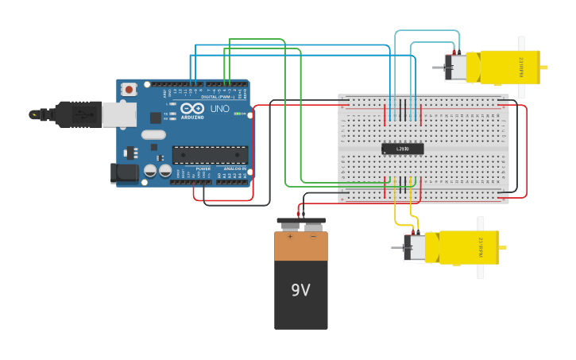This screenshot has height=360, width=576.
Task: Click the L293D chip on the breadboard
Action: pos(402,149)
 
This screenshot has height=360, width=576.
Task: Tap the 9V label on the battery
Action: pos(300,291)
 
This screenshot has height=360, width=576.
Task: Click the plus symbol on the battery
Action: pos(290,237)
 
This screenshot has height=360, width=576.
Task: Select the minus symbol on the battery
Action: pos(313,237)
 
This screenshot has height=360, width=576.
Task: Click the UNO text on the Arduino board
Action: pos(220,109)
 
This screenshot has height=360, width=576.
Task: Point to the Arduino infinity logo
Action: pos(192,108)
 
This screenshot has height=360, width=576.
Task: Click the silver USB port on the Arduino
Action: pos(118,114)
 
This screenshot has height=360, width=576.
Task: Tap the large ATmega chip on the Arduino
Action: pos(210,154)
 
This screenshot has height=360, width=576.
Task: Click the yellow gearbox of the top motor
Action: pos(508,67)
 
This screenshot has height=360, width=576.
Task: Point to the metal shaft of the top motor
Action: pos(438,68)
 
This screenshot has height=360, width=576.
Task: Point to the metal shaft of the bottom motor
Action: pos(396,248)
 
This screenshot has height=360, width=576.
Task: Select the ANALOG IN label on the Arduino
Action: pos(234,169)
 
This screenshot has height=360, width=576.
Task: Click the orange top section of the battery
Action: pos(301,246)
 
